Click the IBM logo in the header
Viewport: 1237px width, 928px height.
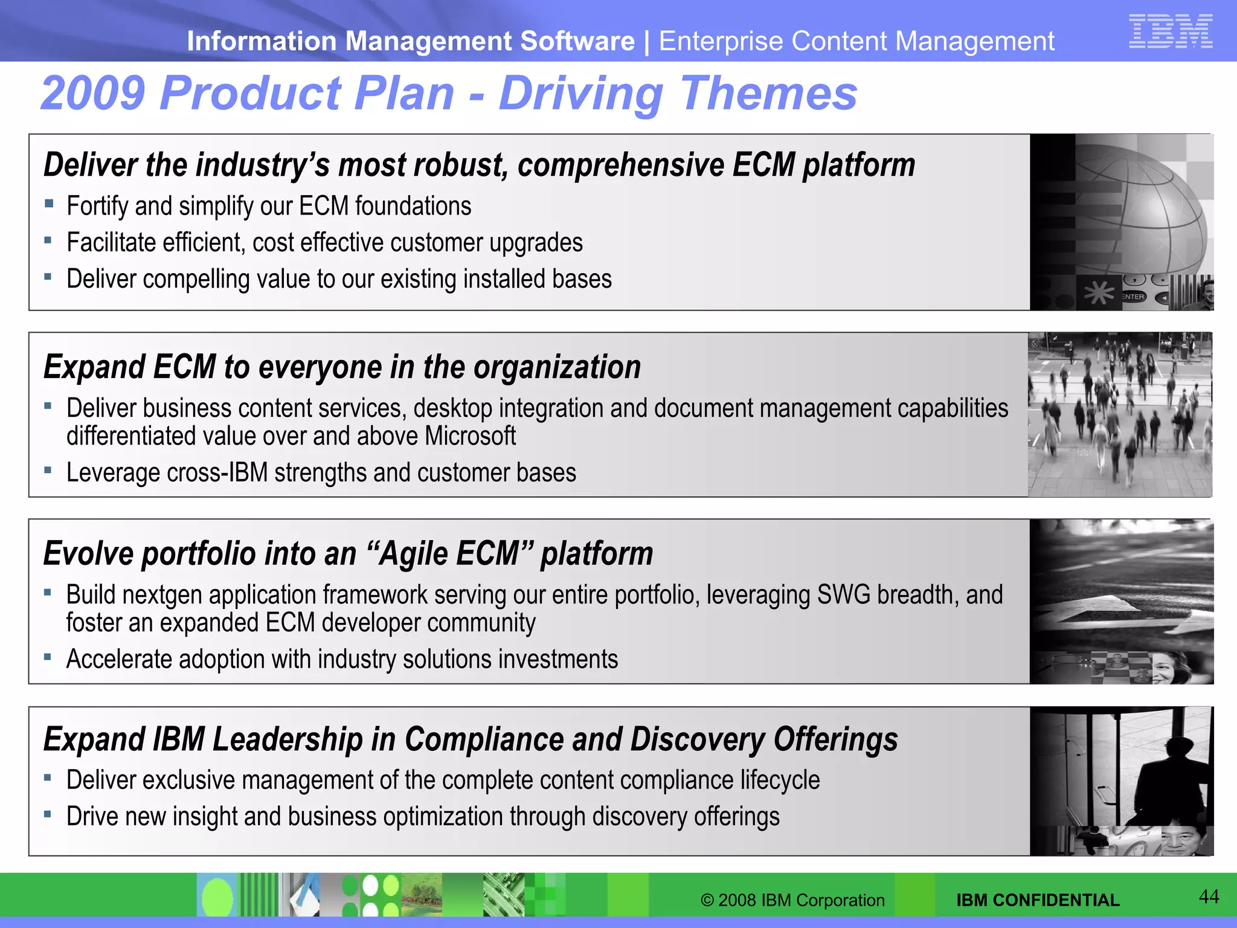[x=1170, y=31]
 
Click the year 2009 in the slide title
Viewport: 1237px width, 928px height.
[x=93, y=94]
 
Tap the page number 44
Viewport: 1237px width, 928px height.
[x=1209, y=897]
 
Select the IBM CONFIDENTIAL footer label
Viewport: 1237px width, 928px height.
[x=1038, y=900]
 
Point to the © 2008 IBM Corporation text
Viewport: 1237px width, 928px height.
[x=792, y=900]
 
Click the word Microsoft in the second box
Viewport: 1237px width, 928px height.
[x=470, y=436]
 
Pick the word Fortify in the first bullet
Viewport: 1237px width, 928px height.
[x=97, y=207]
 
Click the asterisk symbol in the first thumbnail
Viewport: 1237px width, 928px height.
[x=1099, y=294]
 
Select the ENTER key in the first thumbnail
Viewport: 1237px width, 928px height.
[x=1133, y=297]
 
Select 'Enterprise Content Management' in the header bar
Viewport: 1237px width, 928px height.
[x=856, y=42]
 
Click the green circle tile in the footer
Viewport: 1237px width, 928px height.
[x=217, y=898]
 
